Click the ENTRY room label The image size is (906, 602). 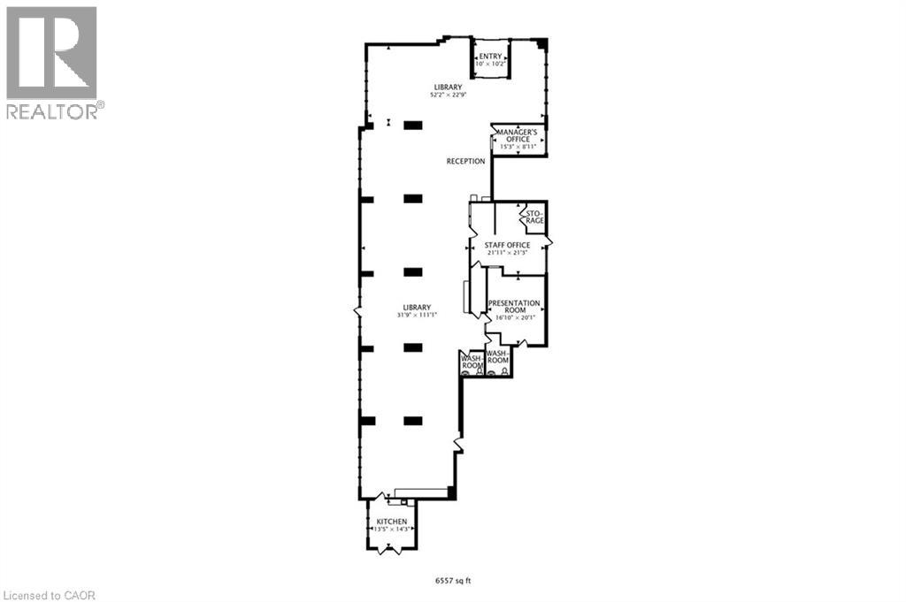(490, 57)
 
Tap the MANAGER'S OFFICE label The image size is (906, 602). (516, 135)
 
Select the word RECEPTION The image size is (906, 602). (465, 162)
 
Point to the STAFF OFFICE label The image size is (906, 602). (507, 245)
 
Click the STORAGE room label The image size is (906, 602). (534, 217)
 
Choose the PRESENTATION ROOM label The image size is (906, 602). (514, 307)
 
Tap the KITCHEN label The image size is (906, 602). (391, 522)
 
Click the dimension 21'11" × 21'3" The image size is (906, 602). (507, 253)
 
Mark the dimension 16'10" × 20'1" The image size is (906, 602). (514, 317)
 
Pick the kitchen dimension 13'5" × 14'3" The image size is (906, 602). (391, 530)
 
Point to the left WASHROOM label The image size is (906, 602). (472, 362)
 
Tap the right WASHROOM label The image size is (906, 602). (498, 356)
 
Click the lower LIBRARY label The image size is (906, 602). (418, 307)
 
